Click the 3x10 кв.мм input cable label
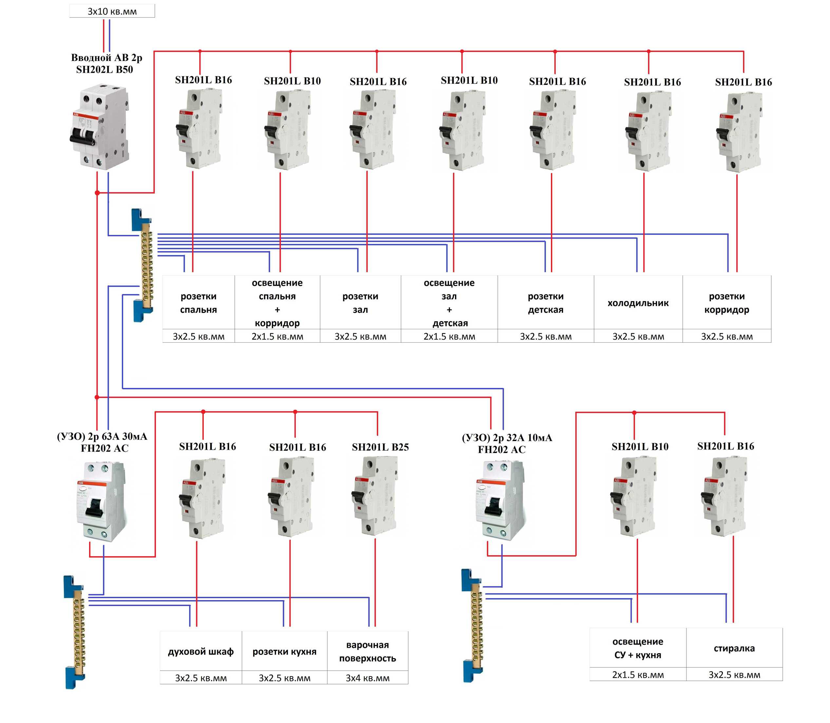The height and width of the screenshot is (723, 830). [112, 11]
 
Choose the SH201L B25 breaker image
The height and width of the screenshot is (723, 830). [375, 496]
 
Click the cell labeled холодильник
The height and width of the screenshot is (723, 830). [638, 303]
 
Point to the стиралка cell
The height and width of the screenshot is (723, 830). [734, 648]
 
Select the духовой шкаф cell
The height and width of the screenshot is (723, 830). [201, 652]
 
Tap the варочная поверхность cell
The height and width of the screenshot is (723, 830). [368, 652]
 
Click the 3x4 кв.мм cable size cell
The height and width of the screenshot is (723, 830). [368, 678]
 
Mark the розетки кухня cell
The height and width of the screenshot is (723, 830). [284, 652]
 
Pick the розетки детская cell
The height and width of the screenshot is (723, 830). [545, 303]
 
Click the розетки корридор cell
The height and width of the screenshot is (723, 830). [726, 303]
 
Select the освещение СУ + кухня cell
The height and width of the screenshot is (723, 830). [638, 648]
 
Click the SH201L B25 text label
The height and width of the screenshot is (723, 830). [380, 447]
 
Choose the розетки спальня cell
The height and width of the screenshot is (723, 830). [198, 303]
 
